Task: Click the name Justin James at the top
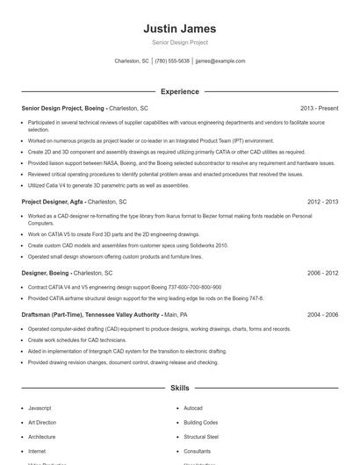click(179, 29)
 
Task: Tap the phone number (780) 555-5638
click(172, 61)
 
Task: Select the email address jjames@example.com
click(220, 61)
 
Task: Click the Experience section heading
click(179, 91)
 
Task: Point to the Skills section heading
click(179, 387)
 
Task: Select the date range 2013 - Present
click(319, 108)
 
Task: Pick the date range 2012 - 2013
click(322, 202)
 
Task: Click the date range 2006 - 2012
click(322, 273)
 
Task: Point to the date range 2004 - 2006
click(322, 314)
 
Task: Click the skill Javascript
click(40, 408)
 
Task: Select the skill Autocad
click(193, 408)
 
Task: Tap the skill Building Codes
click(200, 422)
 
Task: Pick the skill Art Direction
click(41, 422)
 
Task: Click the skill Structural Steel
click(201, 436)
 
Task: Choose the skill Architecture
click(41, 436)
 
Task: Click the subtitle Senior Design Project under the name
click(179, 43)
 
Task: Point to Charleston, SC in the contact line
click(132, 61)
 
